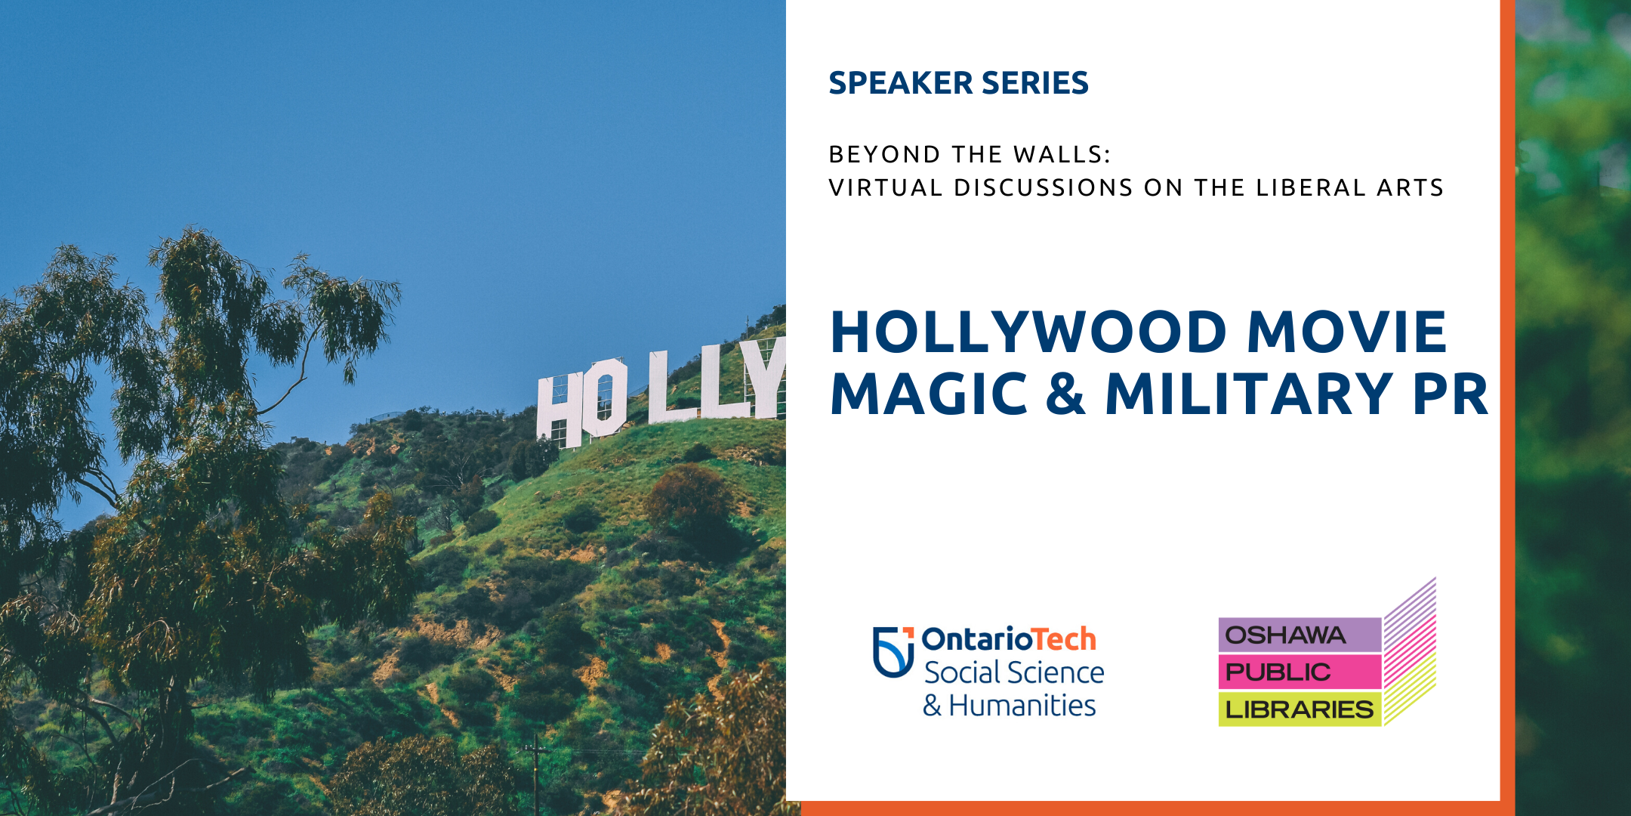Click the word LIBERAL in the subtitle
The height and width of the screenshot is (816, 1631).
click(x=1311, y=187)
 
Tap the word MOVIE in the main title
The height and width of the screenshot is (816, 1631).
click(x=1347, y=332)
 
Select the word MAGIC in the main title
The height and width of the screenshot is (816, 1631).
click(x=929, y=394)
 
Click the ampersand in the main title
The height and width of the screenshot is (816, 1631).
click(x=1066, y=394)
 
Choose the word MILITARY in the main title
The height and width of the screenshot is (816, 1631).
click(x=1250, y=394)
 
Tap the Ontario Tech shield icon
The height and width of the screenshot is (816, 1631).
click(x=893, y=651)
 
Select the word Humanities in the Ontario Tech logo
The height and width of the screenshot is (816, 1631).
click(x=1022, y=705)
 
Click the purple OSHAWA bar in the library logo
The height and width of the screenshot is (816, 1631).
click(x=1300, y=635)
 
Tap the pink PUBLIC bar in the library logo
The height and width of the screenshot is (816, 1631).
click(x=1300, y=672)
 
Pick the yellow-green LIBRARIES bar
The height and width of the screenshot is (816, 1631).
click(x=1300, y=709)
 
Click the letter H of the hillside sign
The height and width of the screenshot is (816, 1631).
click(x=560, y=410)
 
